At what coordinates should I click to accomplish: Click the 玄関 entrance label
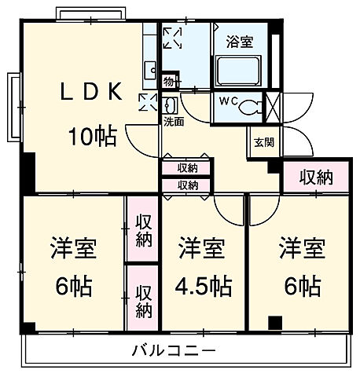point(262,143)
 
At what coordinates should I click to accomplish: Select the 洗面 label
point(174,122)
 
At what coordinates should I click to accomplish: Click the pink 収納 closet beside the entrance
point(315,178)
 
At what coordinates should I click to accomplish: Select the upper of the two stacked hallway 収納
point(187,167)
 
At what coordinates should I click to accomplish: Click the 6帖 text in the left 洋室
point(74,284)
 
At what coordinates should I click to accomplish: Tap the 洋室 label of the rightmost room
point(299,250)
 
